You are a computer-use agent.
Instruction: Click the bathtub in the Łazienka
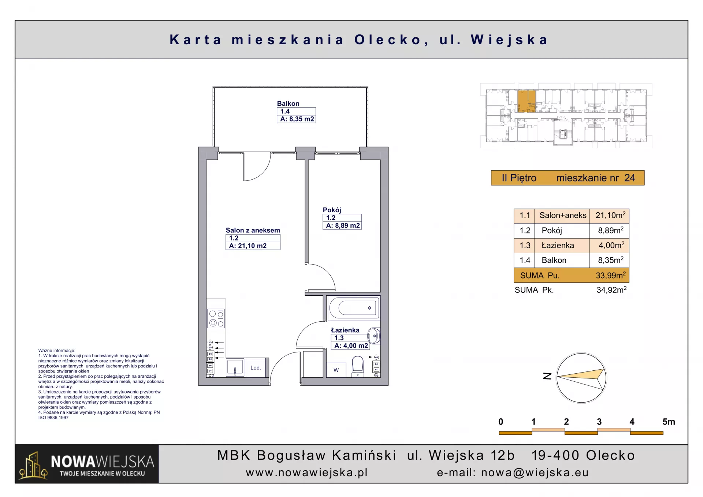point(354,307)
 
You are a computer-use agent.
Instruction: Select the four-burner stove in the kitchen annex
point(216,318)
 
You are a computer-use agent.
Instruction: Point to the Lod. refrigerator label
point(256,367)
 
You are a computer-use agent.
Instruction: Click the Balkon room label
point(288,104)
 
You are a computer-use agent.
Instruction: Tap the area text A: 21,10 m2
point(248,246)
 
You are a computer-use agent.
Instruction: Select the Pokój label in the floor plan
point(332,210)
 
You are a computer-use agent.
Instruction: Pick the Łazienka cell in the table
point(558,245)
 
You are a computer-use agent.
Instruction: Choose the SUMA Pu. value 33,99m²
point(611,275)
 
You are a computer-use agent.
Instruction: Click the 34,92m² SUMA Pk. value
point(611,290)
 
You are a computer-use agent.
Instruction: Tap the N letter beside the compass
point(547,376)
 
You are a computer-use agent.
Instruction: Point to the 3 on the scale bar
point(599,422)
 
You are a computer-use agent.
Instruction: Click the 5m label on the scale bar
point(669,422)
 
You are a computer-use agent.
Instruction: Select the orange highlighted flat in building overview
point(527,101)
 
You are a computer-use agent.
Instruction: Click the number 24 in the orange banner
point(630,178)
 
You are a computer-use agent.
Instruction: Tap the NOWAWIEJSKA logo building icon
point(33,465)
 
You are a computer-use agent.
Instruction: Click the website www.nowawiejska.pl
point(307,472)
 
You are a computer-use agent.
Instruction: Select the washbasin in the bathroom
point(374,336)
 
